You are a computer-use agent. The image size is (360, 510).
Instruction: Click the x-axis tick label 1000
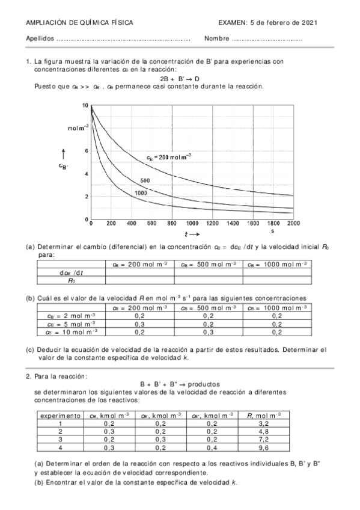pos(192,223)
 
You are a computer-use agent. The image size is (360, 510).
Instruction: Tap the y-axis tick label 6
pos(87,151)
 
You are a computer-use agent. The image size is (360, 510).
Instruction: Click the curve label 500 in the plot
pos(145,180)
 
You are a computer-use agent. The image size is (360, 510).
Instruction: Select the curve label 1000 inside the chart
pos(141,192)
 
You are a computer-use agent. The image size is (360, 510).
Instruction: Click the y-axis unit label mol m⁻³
pos(78,127)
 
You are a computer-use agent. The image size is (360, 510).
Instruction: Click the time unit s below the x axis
pos(272,231)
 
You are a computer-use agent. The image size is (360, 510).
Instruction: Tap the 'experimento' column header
pos(61,415)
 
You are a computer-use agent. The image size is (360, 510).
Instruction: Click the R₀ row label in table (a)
pos(72,279)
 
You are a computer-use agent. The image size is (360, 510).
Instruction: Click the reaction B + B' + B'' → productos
pos(180,384)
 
